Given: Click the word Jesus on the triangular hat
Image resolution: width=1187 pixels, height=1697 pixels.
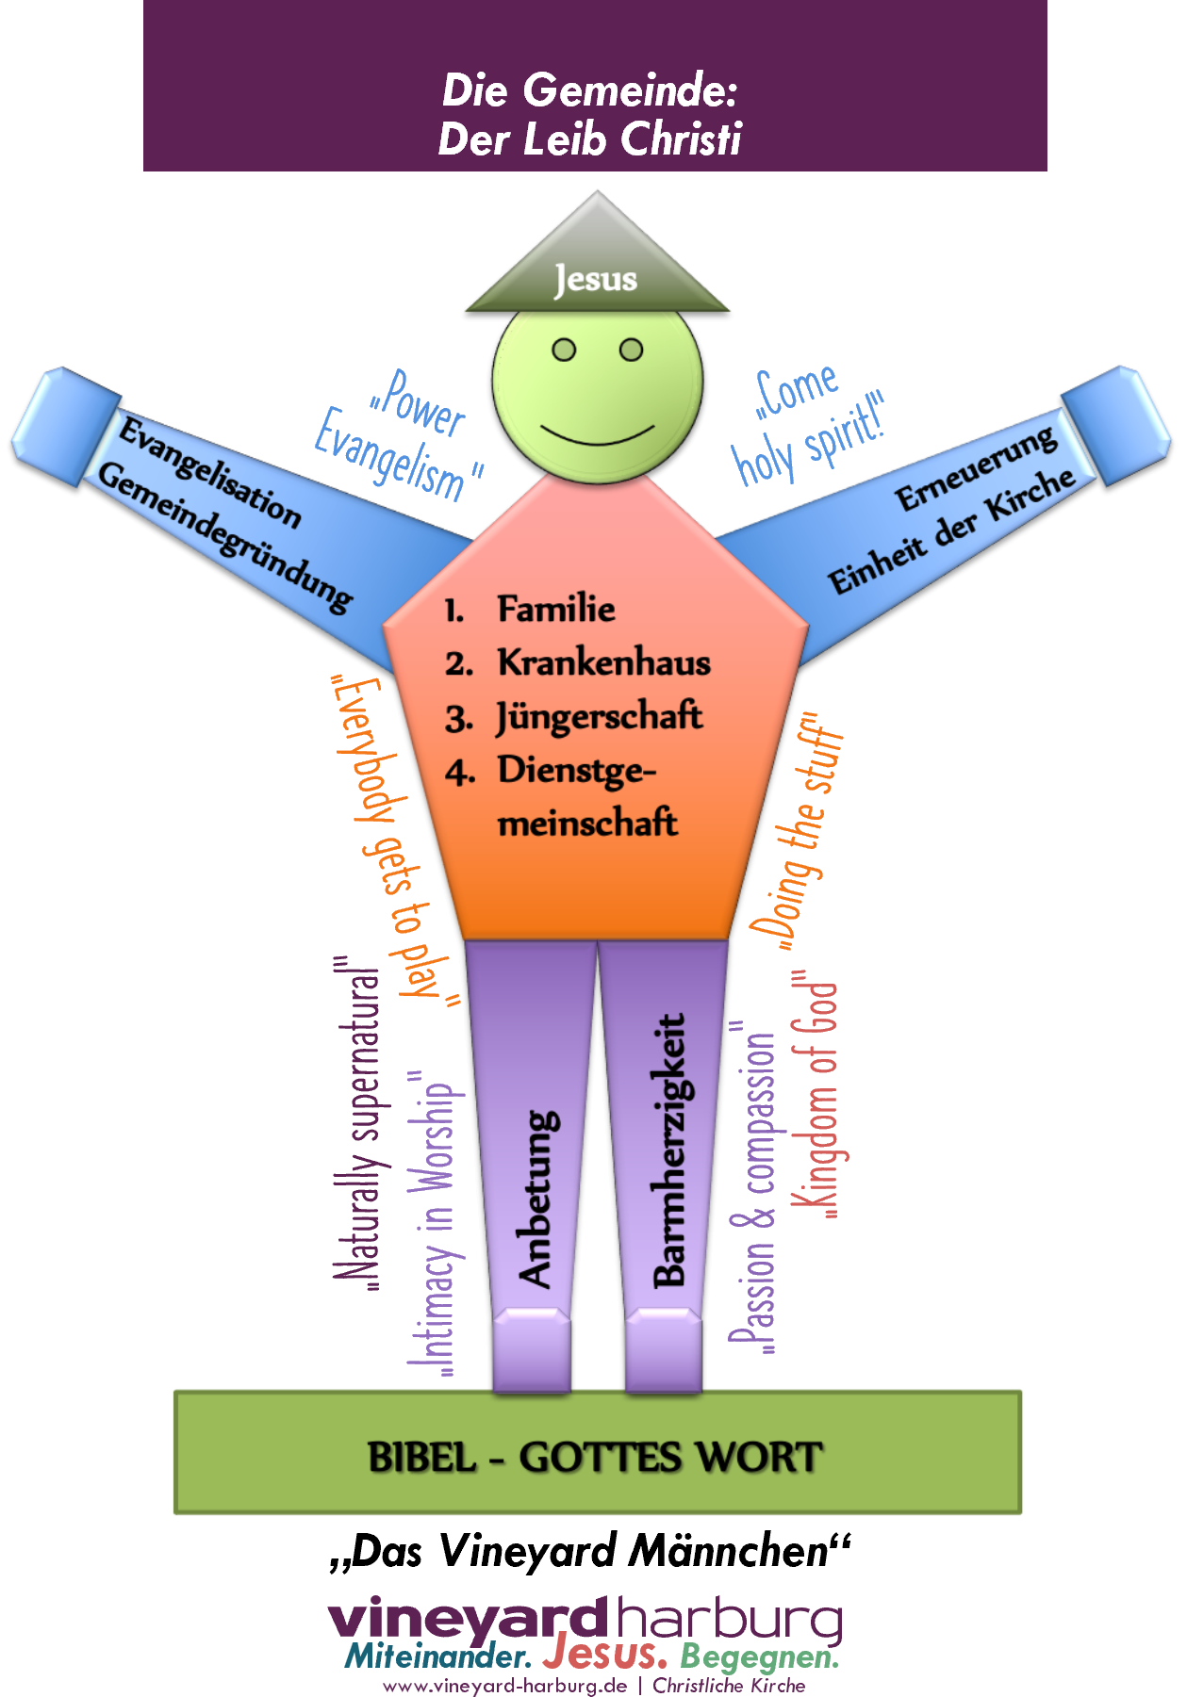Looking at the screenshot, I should [596, 279].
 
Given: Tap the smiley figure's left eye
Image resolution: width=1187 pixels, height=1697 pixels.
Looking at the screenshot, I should [564, 351].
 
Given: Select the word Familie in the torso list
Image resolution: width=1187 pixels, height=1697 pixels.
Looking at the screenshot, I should [556, 609].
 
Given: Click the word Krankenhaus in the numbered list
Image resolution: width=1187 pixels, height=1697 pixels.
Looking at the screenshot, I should [603, 662].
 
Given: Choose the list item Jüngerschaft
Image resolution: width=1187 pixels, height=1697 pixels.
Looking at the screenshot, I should [600, 716].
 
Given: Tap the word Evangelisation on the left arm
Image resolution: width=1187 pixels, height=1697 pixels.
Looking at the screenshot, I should [209, 471].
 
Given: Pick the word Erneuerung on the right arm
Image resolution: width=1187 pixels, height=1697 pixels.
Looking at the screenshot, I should [975, 468].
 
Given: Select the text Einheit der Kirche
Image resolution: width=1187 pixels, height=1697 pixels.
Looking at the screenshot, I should [951, 531].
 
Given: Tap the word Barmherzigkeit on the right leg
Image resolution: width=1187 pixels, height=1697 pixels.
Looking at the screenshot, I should [669, 1150].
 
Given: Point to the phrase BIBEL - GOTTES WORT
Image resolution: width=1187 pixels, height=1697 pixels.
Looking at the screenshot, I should [596, 1457].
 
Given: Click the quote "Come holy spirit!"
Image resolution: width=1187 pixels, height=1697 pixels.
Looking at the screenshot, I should [807, 424].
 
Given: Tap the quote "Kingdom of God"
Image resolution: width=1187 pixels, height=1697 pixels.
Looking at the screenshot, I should [816, 1098].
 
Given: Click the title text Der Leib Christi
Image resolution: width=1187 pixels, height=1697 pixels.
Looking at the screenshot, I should [590, 139].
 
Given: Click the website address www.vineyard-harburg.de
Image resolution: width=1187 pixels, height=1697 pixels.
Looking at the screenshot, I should [505, 1686].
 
